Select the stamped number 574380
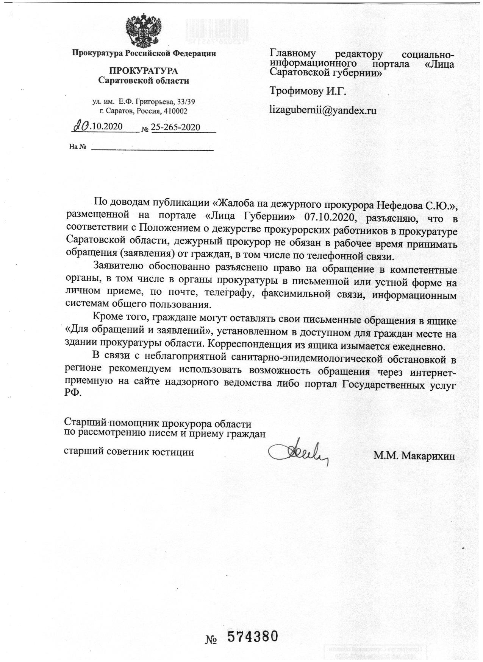(x=253, y=637)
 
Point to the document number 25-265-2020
(x=176, y=127)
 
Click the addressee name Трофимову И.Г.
(x=308, y=91)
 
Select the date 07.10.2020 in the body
(x=329, y=218)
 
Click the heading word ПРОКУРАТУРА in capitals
(x=144, y=71)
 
